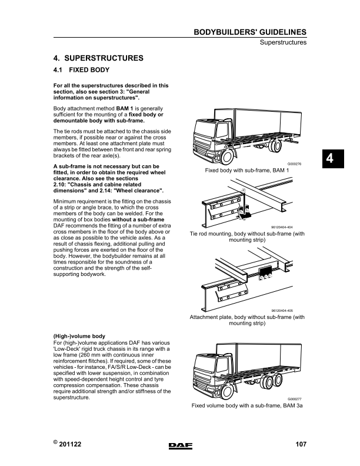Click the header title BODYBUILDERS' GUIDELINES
click(249, 32)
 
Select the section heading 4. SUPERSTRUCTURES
click(98, 59)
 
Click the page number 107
click(301, 445)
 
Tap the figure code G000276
click(294, 164)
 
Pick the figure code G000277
click(295, 399)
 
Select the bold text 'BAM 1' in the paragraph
click(125, 109)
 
